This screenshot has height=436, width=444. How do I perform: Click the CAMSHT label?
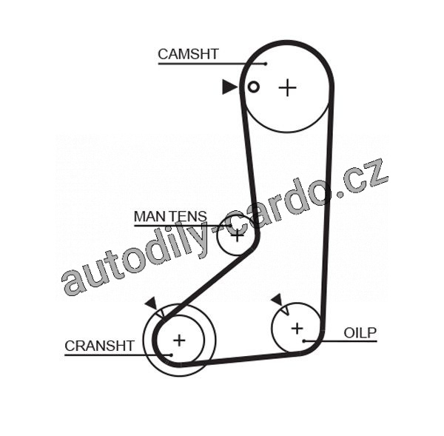(187, 53)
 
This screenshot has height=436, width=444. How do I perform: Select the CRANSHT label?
(99, 346)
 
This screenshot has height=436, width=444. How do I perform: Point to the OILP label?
(360, 332)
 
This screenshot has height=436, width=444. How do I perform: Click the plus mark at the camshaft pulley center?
(287, 88)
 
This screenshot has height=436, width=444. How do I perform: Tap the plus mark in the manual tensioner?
(237, 235)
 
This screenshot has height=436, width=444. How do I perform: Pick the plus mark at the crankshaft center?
(178, 340)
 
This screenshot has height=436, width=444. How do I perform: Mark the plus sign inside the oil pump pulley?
(297, 327)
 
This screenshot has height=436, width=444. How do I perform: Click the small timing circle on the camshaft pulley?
(253, 87)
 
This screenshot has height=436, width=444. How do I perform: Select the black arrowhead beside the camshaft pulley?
(229, 87)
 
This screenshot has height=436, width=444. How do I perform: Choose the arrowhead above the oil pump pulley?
(277, 299)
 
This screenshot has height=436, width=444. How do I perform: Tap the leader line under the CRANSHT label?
(111, 355)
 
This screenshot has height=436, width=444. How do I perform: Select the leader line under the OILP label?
(348, 341)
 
